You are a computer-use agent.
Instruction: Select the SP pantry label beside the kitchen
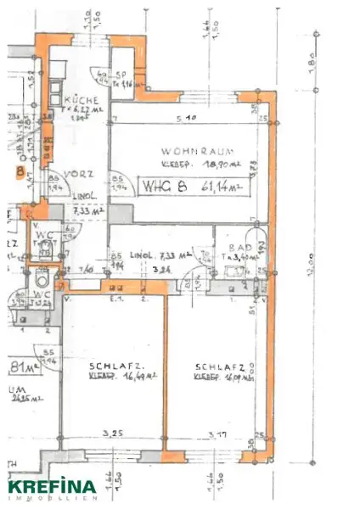coord(121,74)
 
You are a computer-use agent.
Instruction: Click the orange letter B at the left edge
coord(20,170)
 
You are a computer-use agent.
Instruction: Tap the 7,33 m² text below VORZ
coord(87,210)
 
